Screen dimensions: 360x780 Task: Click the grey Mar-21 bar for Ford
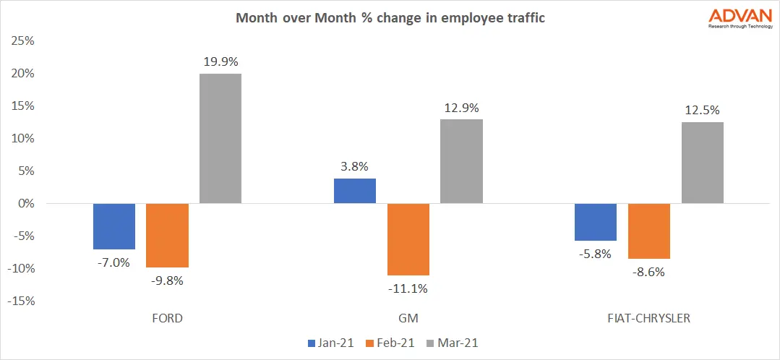(x=220, y=138)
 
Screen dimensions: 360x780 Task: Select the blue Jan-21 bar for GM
(x=354, y=191)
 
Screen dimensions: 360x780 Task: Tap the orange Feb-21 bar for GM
(x=408, y=239)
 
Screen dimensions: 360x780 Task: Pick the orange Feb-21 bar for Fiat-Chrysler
(x=648, y=231)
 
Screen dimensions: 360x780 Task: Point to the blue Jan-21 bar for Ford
(x=114, y=226)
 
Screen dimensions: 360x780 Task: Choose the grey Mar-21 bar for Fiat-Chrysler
(x=702, y=163)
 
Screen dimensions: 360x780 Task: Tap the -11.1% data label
(x=408, y=288)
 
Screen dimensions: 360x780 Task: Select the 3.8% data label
(x=354, y=166)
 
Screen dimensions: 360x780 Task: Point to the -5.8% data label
(x=595, y=254)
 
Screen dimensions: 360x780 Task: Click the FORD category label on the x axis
(x=168, y=318)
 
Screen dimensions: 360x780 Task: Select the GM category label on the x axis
(x=408, y=318)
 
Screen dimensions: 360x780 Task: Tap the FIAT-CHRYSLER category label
(x=648, y=318)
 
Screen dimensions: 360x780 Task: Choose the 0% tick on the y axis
(x=24, y=203)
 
